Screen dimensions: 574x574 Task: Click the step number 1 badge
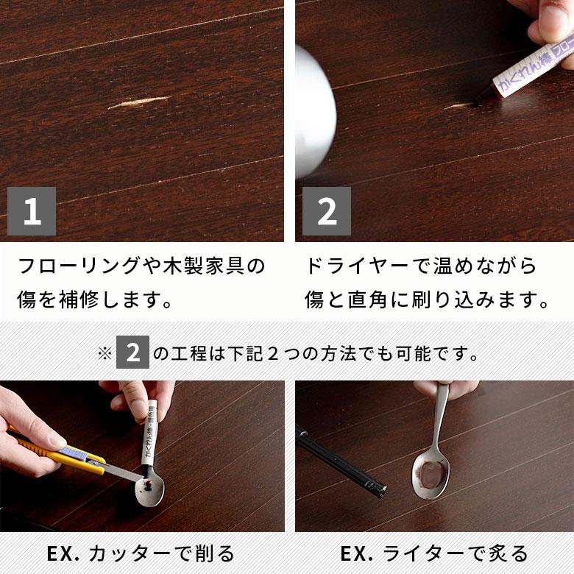tap(32, 211)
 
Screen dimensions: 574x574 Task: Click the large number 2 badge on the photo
tap(327, 211)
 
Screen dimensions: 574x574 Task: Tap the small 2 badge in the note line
tap(132, 353)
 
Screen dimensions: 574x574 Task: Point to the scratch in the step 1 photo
tap(138, 103)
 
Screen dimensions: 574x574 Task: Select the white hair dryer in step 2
tap(314, 110)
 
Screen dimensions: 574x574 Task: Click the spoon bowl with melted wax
tap(430, 475)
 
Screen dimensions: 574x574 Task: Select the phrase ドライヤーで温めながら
tap(421, 266)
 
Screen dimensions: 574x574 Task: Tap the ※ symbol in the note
tap(104, 354)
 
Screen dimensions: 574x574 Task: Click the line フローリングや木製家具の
tap(141, 266)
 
